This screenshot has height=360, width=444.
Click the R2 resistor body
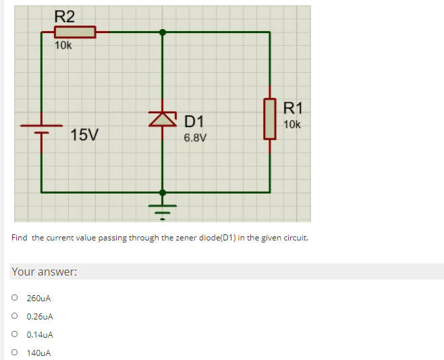[74, 32]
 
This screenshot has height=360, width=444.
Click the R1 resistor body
[270, 118]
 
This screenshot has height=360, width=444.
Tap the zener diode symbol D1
[162, 119]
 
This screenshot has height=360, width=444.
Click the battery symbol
[42, 128]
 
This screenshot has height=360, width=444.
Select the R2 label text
[65, 16]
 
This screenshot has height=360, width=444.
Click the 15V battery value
[84, 134]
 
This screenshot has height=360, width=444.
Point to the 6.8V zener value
[196, 138]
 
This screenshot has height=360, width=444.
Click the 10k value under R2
[64, 46]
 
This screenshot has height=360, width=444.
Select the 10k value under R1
[293, 124]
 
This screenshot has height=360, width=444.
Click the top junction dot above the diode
[162, 32]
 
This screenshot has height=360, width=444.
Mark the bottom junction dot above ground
[162, 192]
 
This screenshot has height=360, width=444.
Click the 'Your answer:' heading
[45, 272]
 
